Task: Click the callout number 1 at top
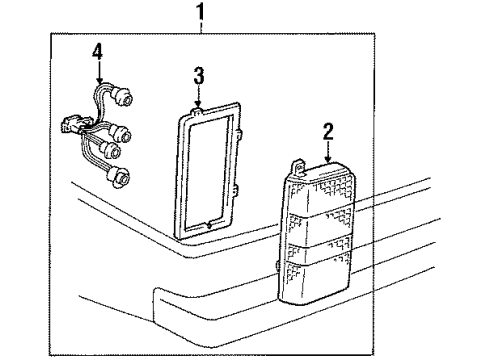pyautogui.click(x=204, y=14)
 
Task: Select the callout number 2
pyautogui.click(x=328, y=129)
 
